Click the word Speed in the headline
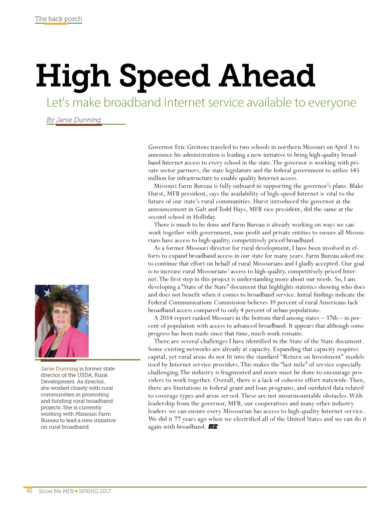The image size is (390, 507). coord(164,75)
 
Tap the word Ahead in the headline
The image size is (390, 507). coord(267,75)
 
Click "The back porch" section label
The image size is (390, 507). coord(58,19)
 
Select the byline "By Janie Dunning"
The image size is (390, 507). coord(74,120)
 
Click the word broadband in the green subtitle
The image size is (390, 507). coord(132,103)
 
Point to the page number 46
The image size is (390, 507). coord(29,491)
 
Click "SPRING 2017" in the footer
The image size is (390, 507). coord(95,491)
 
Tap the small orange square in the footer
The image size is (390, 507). coord(76,491)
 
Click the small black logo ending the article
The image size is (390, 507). coord(213,427)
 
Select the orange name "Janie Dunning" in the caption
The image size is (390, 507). coord(59,369)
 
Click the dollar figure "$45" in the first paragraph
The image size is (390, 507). coord(355,170)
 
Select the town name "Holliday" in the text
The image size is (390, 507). coord(204,217)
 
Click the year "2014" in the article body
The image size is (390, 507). coord(166,318)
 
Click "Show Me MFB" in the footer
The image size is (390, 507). coord(56,491)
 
